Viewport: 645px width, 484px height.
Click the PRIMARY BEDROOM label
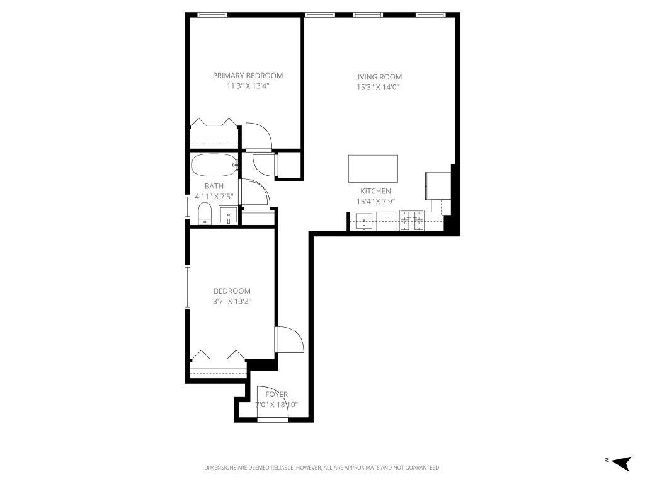click(248, 76)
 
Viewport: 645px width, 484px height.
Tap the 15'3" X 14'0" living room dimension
click(377, 88)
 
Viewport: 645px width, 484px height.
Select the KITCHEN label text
click(375, 191)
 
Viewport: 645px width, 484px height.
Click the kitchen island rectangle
click(373, 168)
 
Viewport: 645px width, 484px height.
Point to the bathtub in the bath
click(214, 166)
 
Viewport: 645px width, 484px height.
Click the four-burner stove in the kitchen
click(412, 221)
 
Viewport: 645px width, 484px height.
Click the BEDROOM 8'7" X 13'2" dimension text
click(232, 301)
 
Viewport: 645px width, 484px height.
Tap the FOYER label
click(277, 395)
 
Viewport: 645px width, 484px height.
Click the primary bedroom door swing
click(258, 135)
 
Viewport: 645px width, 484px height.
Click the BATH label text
click(214, 186)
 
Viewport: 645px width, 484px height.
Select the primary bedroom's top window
click(212, 14)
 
